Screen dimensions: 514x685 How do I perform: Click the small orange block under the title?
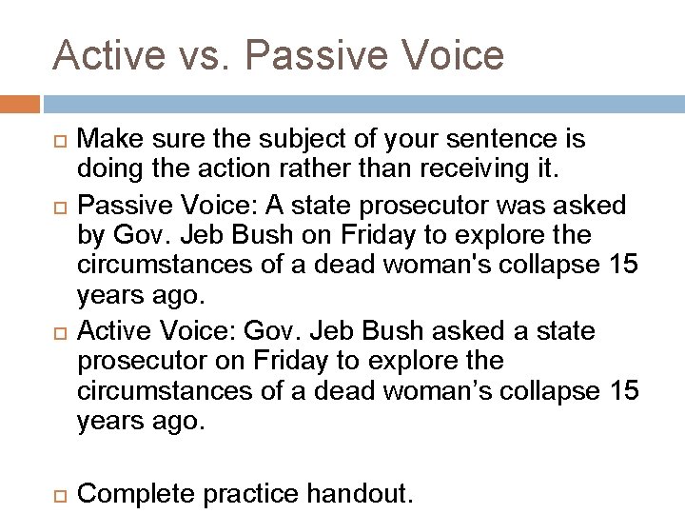(20, 102)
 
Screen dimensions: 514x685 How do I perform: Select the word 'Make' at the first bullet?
(103, 139)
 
